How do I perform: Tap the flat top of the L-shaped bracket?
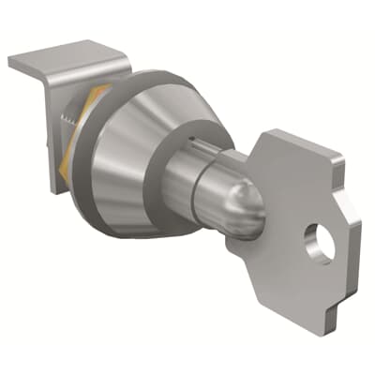point(66,64)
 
